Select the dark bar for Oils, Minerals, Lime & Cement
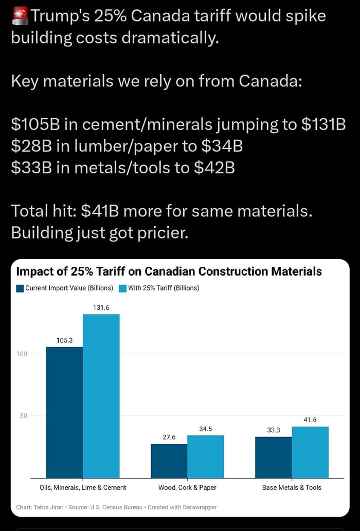[64, 411]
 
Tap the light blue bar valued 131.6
[101, 396]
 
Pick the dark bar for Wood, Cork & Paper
[169, 461]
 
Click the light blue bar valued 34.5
[206, 456]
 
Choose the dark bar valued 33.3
[273, 457]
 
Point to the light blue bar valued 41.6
[310, 452]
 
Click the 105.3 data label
[64, 340]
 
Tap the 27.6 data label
[169, 437]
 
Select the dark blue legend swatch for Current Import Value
[20, 288]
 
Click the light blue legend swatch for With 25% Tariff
[122, 288]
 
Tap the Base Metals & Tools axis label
[292, 487]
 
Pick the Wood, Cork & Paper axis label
[187, 487]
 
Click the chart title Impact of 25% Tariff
[169, 271]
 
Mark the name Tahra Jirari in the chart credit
[49, 507]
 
